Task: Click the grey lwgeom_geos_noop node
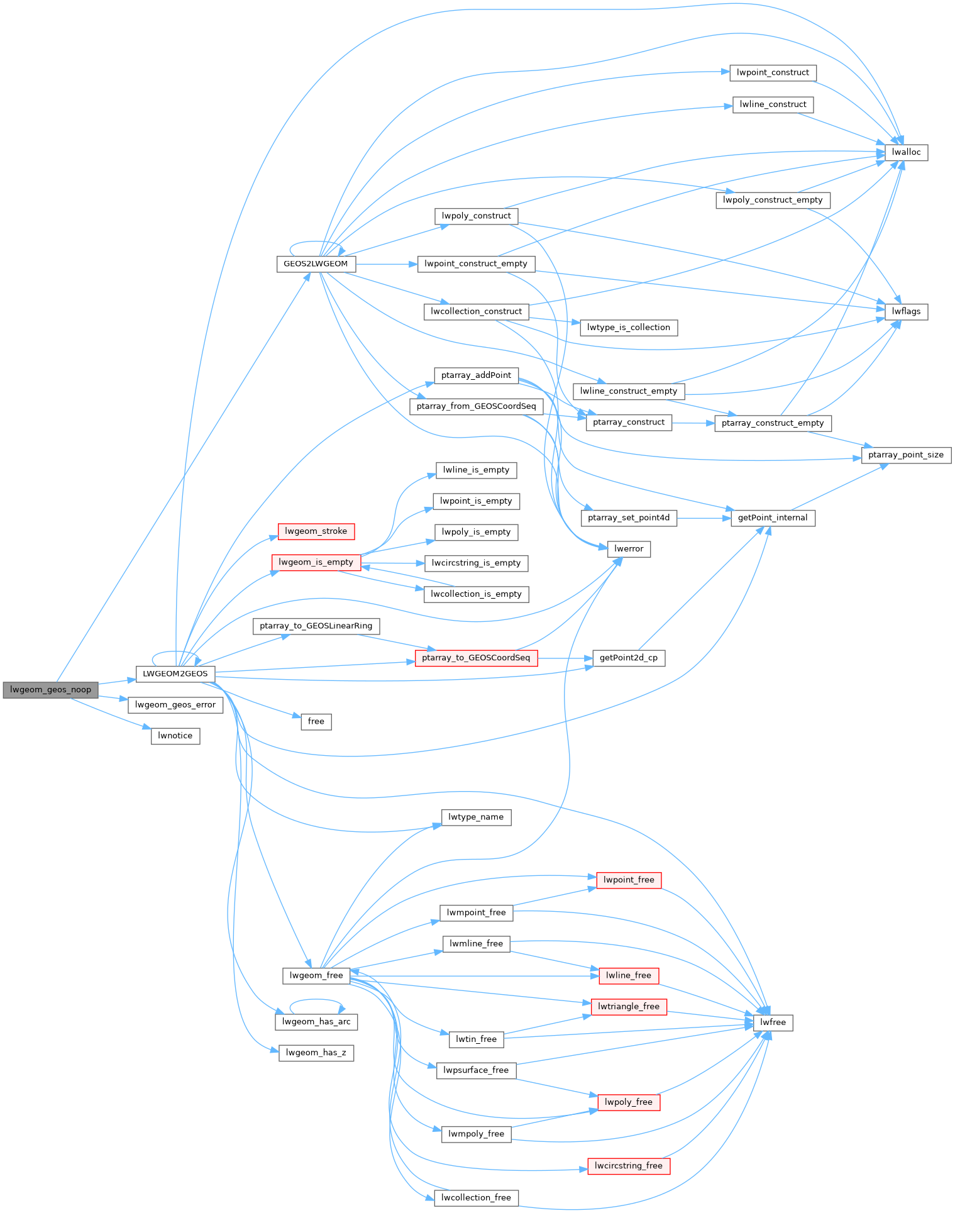[x=50, y=690]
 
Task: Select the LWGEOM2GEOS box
[x=175, y=673]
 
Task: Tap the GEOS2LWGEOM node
[x=316, y=264]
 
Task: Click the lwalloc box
[x=906, y=152]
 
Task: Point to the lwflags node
[x=906, y=311]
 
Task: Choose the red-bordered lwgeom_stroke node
[x=316, y=531]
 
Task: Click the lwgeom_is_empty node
[x=316, y=562]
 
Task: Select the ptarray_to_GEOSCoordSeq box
[x=476, y=658]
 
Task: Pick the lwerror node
[x=629, y=549]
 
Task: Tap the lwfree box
[x=773, y=1022]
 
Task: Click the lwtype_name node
[x=476, y=817]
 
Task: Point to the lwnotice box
[x=175, y=736]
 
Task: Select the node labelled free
[x=316, y=721]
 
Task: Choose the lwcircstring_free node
[x=629, y=1166]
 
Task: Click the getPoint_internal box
[x=773, y=518]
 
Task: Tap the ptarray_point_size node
[x=906, y=455]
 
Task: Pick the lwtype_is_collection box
[x=629, y=328]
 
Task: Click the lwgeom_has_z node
[x=316, y=1053]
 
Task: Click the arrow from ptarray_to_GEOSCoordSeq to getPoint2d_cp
[x=565, y=658]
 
